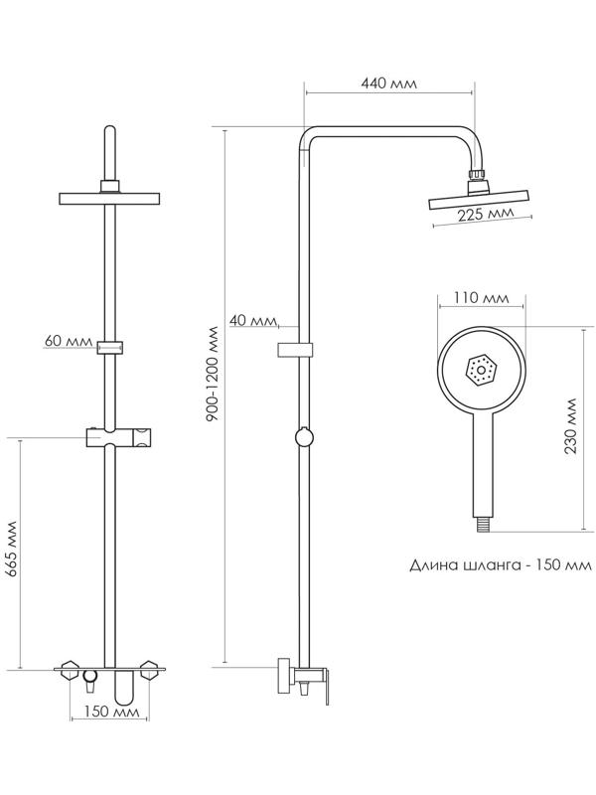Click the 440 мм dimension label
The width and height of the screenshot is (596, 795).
tap(389, 84)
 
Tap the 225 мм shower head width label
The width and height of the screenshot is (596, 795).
tap(486, 214)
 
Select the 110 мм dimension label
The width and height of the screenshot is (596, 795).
tap(481, 298)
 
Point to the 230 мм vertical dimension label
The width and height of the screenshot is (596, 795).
tap(570, 426)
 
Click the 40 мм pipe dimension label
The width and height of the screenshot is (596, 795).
tap(251, 320)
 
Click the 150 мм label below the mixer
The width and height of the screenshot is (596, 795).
tap(110, 713)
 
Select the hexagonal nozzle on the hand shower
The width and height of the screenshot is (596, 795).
tap(480, 371)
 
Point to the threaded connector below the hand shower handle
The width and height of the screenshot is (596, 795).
tap(480, 518)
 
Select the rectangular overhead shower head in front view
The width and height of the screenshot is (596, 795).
tap(110, 198)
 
